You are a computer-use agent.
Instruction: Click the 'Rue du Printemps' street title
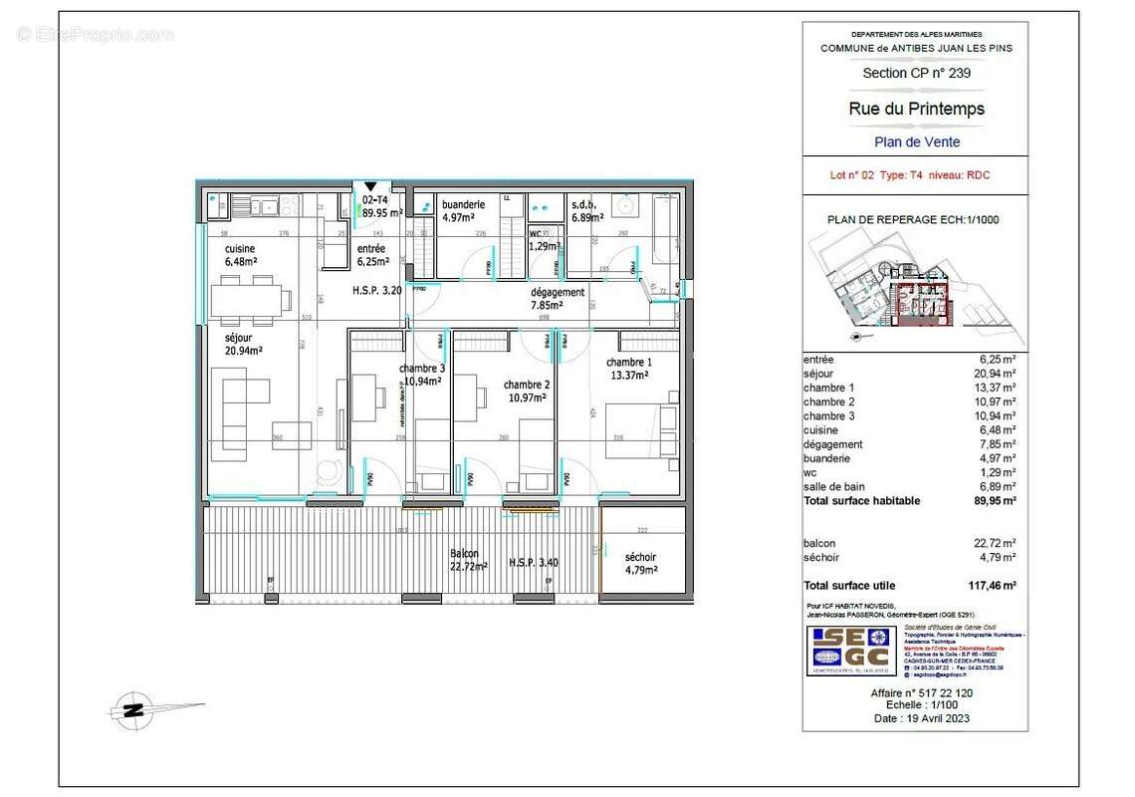click(916, 109)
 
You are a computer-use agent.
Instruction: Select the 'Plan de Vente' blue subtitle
click(916, 141)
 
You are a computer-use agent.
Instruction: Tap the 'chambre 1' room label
click(629, 363)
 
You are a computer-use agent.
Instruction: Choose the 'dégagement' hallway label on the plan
click(557, 293)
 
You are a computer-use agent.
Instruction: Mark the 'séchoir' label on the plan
click(640, 557)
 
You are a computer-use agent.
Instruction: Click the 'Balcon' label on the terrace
click(464, 554)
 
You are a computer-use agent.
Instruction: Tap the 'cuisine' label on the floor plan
click(239, 249)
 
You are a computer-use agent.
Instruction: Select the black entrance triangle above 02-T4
click(370, 186)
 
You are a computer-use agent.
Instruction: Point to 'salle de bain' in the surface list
click(834, 487)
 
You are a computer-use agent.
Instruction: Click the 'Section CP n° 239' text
click(916, 73)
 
